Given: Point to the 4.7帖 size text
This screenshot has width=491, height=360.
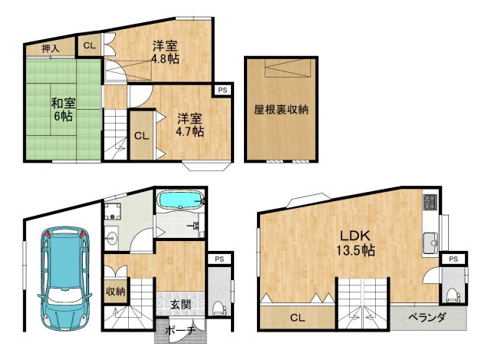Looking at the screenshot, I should click(x=189, y=132).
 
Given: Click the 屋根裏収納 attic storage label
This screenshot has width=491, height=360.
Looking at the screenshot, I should click(x=282, y=109).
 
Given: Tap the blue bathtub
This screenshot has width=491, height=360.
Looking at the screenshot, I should click(x=181, y=201).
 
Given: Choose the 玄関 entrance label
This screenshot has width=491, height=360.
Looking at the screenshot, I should click(x=180, y=304).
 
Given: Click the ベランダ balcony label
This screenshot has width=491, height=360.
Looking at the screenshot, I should click(x=428, y=316).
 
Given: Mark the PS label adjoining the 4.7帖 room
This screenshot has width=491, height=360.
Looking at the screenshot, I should click(x=222, y=91).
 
